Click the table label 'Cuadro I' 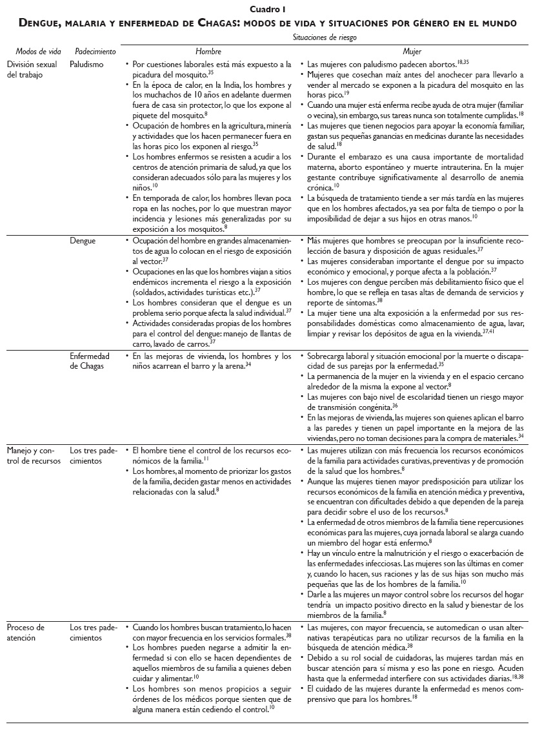pos(266,9)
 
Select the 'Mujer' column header pos(412,50)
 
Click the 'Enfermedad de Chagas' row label pos(90,360)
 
